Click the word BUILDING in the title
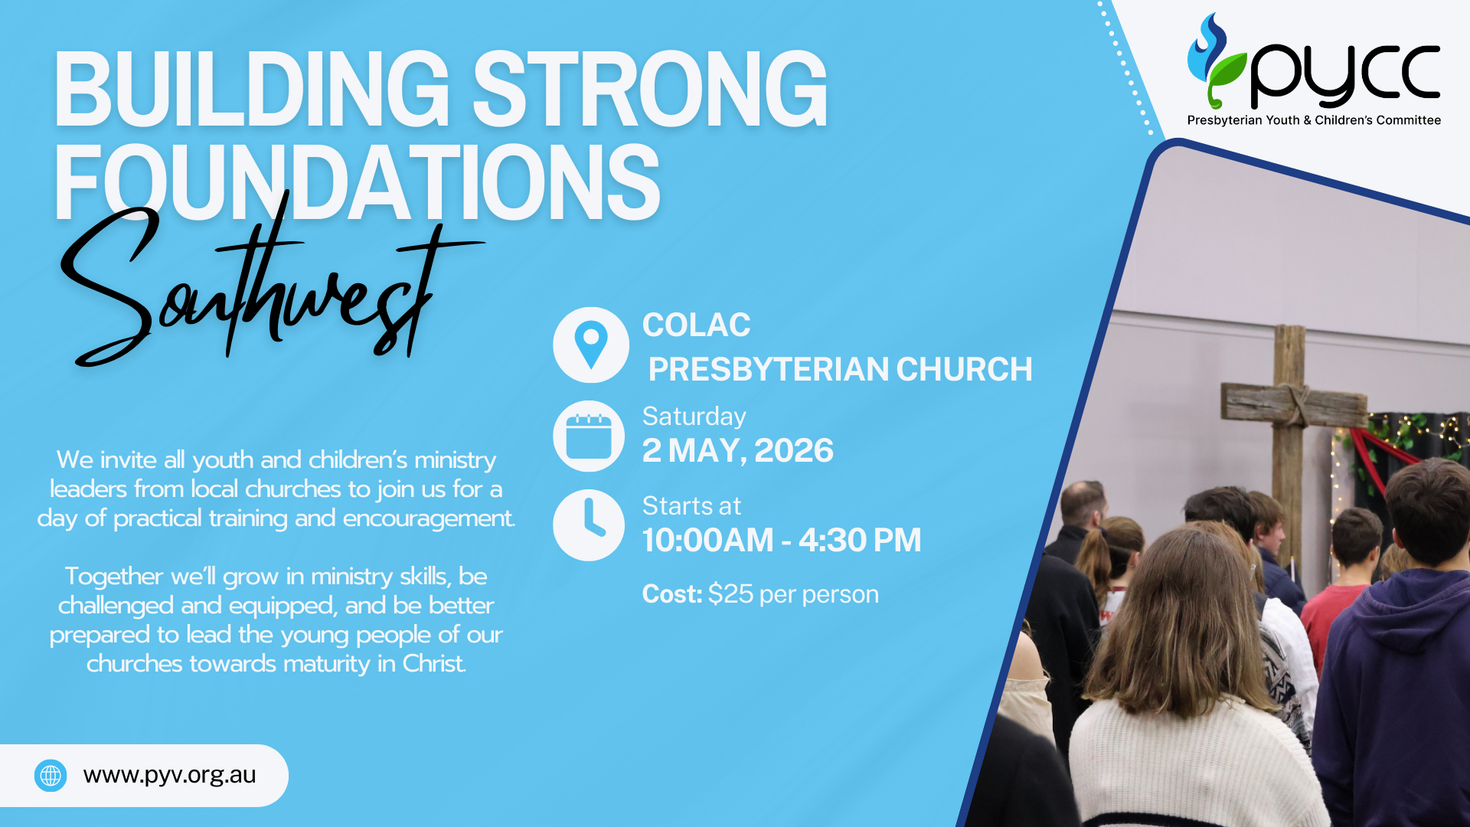click(252, 89)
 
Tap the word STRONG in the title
click(650, 89)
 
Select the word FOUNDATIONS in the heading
click(357, 184)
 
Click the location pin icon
click(591, 345)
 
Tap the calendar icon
click(589, 436)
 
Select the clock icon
click(589, 525)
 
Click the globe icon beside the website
click(51, 776)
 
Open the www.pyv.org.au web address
click(169, 775)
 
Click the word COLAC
click(696, 325)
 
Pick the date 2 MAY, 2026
click(737, 451)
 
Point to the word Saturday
click(694, 417)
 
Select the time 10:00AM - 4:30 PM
click(782, 541)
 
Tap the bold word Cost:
click(672, 594)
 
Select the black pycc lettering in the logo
click(1344, 75)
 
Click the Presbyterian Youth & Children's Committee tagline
click(1314, 120)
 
